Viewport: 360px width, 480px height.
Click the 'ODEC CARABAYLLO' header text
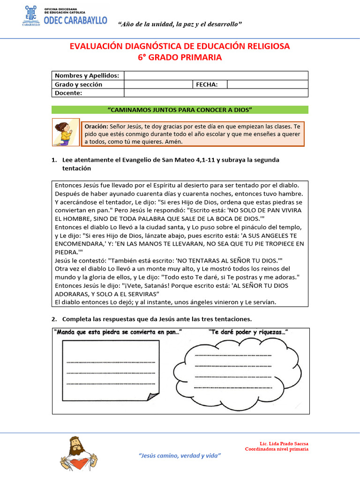point(75,20)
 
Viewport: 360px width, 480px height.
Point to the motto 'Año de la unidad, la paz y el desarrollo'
point(186,24)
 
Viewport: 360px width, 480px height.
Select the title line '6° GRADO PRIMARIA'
point(180,57)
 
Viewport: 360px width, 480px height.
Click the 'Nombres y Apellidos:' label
point(87,75)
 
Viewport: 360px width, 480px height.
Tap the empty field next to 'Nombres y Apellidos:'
point(216,75)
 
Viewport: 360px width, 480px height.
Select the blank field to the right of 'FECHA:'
point(267,84)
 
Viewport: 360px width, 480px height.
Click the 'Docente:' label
point(68,93)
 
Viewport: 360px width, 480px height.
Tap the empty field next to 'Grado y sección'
point(158,84)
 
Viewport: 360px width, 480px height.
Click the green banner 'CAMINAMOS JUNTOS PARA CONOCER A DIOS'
point(180,110)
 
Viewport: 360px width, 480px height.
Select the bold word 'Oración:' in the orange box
point(97,127)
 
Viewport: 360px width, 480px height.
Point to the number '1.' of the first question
point(54,160)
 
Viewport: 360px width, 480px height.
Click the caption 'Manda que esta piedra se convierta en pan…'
point(118,332)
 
